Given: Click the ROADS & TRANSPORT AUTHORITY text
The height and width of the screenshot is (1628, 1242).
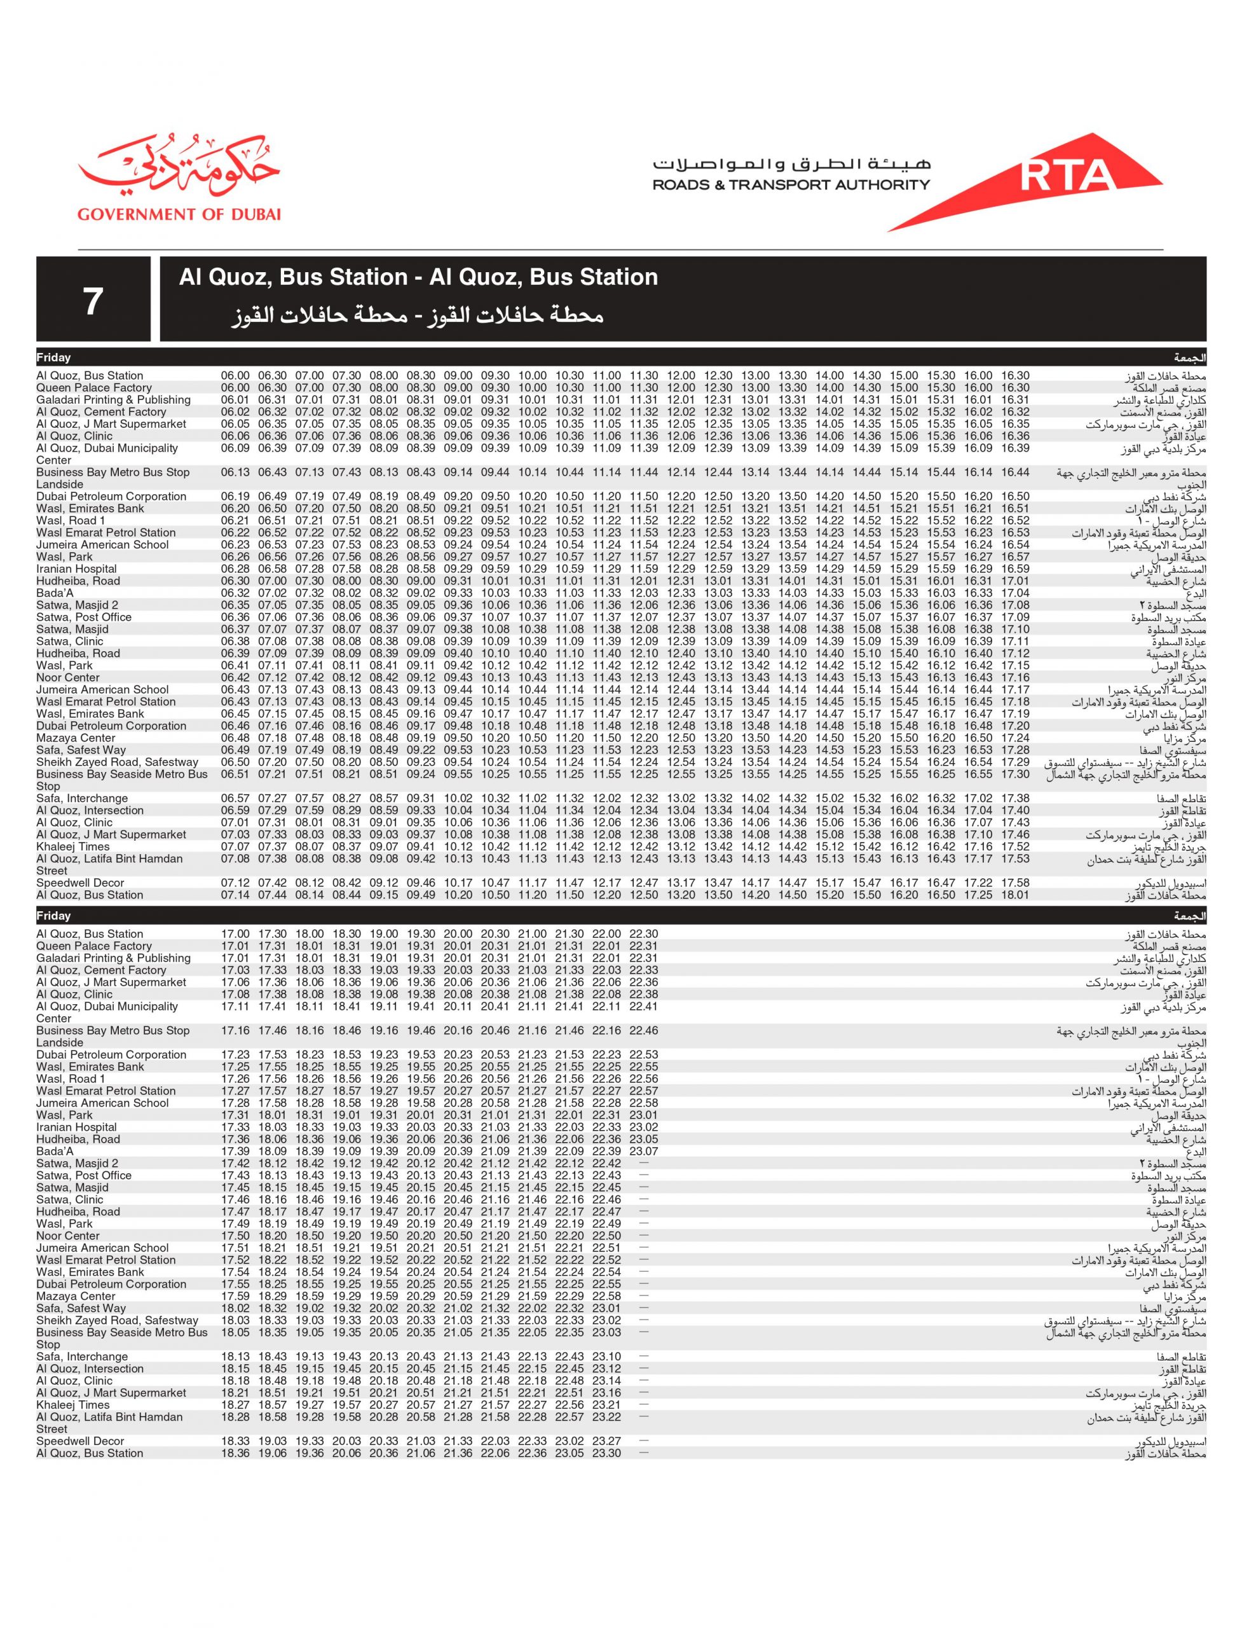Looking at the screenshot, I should pos(791,185).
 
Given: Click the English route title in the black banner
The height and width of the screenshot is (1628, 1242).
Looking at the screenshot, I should pos(418,277).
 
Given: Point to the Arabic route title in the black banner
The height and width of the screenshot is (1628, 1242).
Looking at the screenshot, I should pos(417,317).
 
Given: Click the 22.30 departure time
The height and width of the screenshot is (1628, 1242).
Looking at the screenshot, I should pos(643,934).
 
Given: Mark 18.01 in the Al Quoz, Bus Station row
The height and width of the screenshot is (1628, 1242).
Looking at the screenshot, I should pos(1015,895).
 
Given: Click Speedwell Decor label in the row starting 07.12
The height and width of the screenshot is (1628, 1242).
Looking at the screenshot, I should pos(80,883).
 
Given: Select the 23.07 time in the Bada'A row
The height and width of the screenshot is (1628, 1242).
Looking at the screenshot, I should pos(643,1151).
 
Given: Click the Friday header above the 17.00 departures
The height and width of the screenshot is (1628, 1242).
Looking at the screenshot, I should pos(54,916).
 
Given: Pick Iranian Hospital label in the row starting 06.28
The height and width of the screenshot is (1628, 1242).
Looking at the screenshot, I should pos(76,569).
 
